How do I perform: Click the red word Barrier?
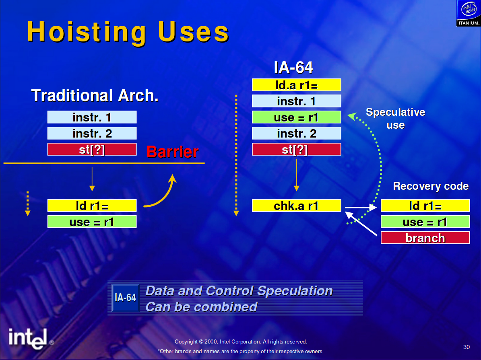coord(172,152)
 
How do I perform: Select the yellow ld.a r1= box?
coord(296,85)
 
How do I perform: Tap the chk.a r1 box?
coord(296,206)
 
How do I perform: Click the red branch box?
coord(425,238)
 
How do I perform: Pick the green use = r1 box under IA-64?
coord(296,117)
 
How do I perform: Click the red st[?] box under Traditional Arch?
coord(92,149)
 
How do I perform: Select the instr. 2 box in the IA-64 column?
coord(296,133)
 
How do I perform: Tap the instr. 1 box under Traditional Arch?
coord(92,117)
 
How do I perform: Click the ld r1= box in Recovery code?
coord(425,206)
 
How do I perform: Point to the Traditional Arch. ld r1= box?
coord(92,206)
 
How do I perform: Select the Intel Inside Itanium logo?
coord(469,13)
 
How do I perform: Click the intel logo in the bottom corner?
coord(28,339)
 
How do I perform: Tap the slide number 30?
coord(466,347)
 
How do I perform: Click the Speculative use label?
coord(395,118)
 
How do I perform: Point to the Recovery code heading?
coord(431,186)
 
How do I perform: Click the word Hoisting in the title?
coord(87,32)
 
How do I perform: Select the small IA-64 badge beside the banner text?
coord(125,298)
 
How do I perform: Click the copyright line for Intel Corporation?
coord(241,341)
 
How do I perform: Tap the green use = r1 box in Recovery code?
coord(425,221)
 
